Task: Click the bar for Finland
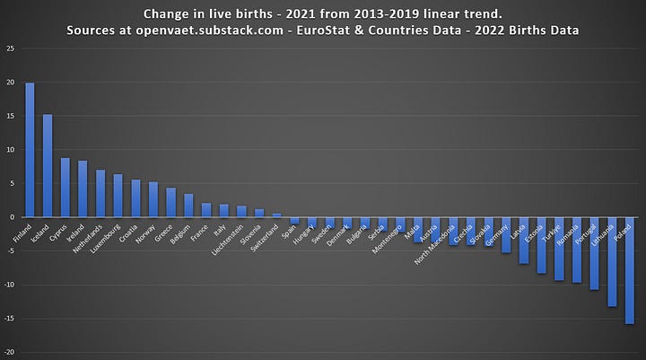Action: pos(30,150)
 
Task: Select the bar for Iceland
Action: pos(48,165)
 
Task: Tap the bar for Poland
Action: pos(630,270)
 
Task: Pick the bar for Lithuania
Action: pos(612,262)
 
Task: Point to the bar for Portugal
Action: pos(594,253)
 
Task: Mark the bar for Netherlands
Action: pos(100,193)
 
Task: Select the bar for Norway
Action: pos(153,199)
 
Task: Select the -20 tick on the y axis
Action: pos(8,353)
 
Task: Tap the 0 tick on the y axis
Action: pos(11,217)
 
